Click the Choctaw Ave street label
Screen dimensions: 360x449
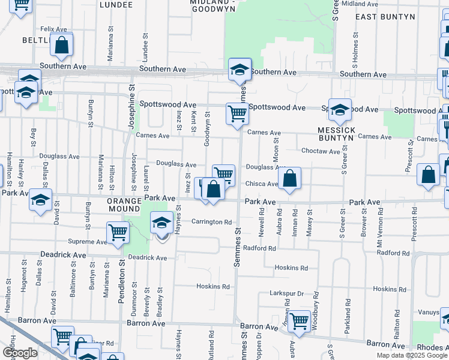[x=321, y=151]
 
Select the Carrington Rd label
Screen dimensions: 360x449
[x=211, y=222]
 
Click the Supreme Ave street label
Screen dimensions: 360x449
[x=87, y=242]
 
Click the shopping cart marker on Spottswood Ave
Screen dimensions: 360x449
[x=238, y=112]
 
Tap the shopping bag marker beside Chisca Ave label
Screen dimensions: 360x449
[x=289, y=178]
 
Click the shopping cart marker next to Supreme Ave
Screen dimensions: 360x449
[x=118, y=232]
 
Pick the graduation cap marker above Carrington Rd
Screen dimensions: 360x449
[x=161, y=223]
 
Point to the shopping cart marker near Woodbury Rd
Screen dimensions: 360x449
[x=298, y=320]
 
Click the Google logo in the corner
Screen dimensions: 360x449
[x=20, y=353]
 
